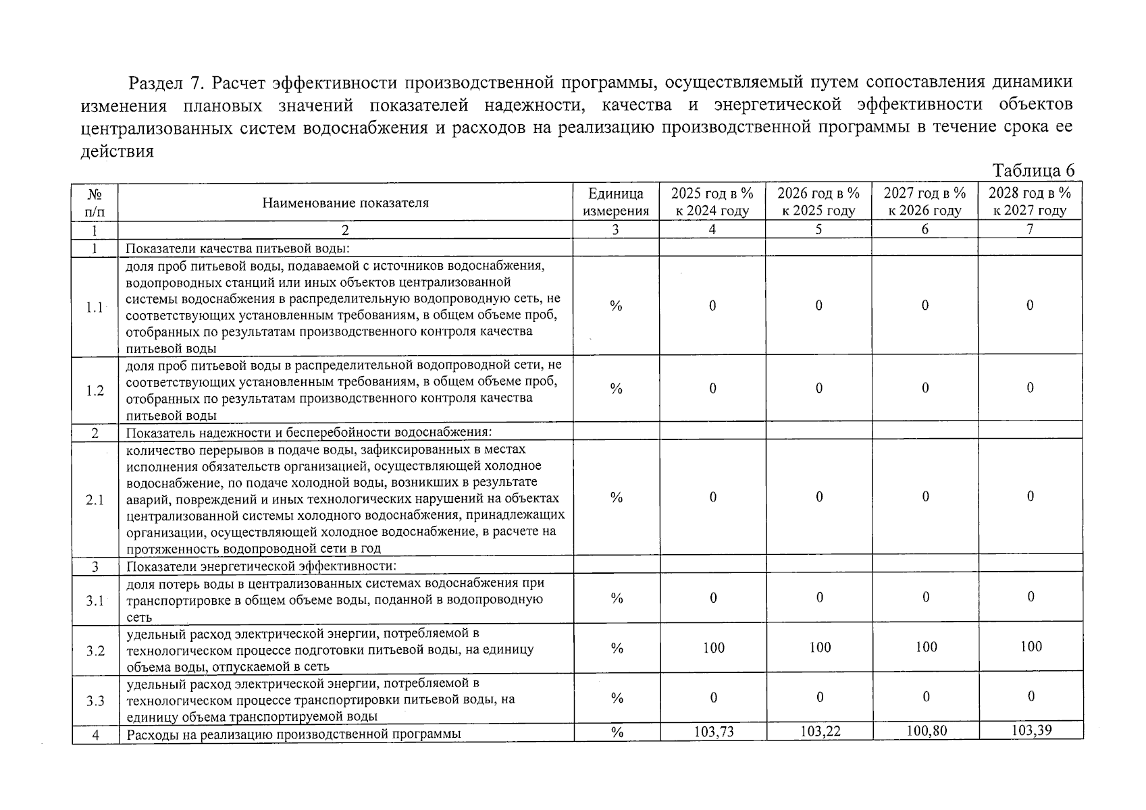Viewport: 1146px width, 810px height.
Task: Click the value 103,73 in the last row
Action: (713, 732)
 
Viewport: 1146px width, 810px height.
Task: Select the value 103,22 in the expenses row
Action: (820, 732)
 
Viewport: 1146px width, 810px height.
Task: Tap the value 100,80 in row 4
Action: (926, 731)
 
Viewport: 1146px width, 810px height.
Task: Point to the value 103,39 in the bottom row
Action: (1031, 730)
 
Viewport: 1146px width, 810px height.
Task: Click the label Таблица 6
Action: (1033, 171)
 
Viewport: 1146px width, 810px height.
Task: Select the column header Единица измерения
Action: (615, 202)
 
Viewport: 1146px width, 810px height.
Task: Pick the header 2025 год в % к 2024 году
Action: (712, 202)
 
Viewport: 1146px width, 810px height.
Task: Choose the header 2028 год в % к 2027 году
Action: (1030, 202)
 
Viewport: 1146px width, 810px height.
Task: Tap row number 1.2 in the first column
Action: (95, 391)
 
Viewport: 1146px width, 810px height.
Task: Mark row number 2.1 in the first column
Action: (95, 500)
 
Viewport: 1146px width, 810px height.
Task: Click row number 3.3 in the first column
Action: (95, 701)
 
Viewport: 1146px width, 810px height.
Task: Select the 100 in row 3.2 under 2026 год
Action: (820, 648)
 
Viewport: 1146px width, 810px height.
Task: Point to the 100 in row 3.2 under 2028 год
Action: (1031, 647)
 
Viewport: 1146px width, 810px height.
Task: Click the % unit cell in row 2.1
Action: (616, 498)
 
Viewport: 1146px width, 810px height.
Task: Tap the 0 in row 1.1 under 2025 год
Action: (712, 306)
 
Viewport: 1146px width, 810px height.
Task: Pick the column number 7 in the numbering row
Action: (1030, 230)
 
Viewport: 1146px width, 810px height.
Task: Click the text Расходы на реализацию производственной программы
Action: (294, 734)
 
